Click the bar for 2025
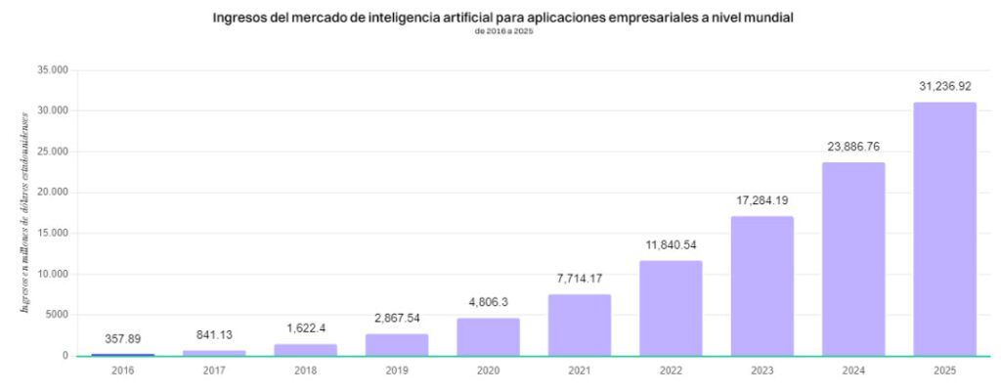[944, 229]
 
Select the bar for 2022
[671, 308]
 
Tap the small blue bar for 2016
[123, 354]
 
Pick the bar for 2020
[488, 336]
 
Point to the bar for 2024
[853, 259]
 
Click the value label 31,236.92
[944, 87]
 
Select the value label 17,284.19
[762, 201]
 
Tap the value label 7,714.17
[580, 280]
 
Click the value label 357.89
[123, 339]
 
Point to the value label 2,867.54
[397, 320]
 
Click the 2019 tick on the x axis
[397, 371]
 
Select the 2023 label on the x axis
[762, 371]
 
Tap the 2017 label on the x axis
[214, 371]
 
